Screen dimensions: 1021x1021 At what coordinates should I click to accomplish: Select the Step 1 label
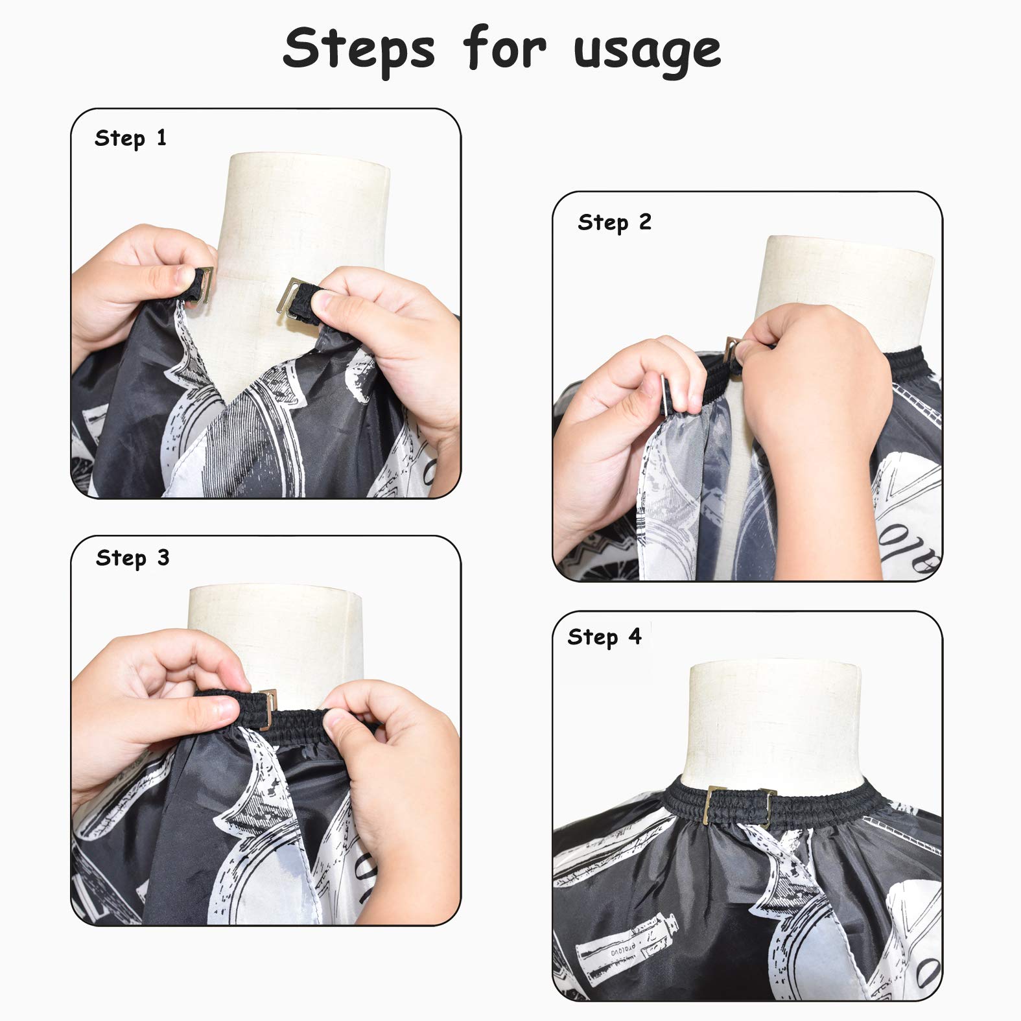(130, 139)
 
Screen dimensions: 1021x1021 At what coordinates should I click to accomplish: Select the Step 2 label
(615, 223)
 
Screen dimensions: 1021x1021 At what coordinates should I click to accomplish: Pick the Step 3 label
(132, 559)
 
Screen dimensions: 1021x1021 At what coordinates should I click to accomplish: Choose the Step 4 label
(604, 637)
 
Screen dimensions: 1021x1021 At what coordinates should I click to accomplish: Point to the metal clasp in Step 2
(734, 353)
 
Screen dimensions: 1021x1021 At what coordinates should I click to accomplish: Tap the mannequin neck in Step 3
(272, 639)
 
